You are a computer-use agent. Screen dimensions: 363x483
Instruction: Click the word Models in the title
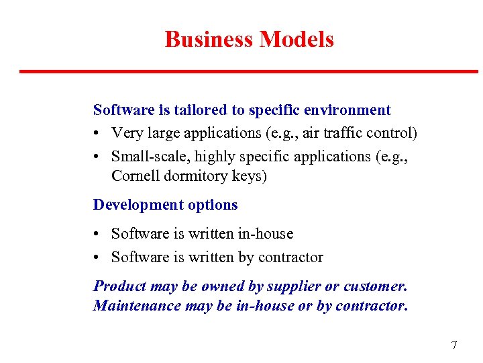tap(297, 40)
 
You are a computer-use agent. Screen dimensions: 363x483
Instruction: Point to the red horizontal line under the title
tap(248, 71)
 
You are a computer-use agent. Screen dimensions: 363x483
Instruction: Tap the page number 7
tap(454, 346)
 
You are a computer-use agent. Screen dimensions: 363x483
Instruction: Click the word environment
tap(347, 110)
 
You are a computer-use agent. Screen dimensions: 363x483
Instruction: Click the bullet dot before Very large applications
tap(97, 133)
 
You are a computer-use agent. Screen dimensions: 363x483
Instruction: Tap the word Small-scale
tap(143, 156)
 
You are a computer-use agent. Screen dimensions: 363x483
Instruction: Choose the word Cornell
tap(134, 176)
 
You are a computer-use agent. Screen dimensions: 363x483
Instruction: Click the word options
tap(213, 205)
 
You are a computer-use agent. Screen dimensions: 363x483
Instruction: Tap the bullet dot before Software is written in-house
tap(97, 234)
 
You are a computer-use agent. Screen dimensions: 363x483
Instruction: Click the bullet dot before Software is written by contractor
tap(97, 257)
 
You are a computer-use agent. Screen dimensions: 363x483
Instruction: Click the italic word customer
tap(375, 286)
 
